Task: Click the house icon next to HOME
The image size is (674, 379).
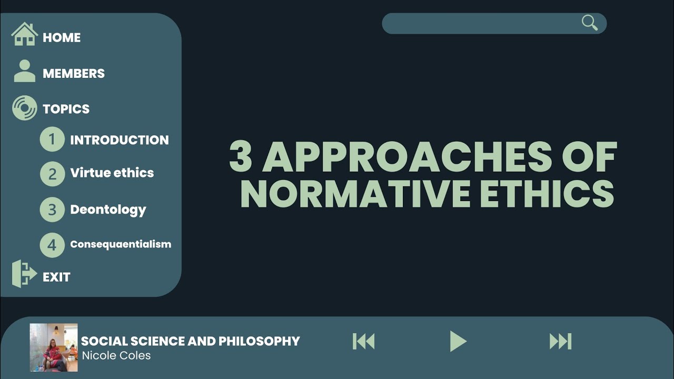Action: pos(24,35)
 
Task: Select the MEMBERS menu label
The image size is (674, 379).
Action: pos(74,74)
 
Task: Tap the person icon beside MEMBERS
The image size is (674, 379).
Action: pos(24,71)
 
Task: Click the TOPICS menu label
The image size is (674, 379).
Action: pos(66,109)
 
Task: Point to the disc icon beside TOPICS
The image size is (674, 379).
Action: pos(24,108)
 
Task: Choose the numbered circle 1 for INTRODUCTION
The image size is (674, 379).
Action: pos(52,139)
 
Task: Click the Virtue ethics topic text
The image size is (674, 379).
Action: pos(112,173)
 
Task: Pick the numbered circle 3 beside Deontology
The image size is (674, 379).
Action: pos(52,210)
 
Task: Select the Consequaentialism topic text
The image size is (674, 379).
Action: pos(121,244)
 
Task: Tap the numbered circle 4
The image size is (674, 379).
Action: pos(52,245)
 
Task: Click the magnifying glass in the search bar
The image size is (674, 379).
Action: pos(589,23)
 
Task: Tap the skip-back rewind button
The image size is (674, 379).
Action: pos(363,342)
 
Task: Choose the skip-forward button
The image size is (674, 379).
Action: pos(560,342)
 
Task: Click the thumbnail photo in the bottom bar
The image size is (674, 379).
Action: pos(54,347)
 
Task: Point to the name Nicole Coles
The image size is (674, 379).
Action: pos(116,355)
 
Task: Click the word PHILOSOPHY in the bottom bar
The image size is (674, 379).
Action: pos(259,341)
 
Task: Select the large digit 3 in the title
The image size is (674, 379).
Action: pos(241,157)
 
